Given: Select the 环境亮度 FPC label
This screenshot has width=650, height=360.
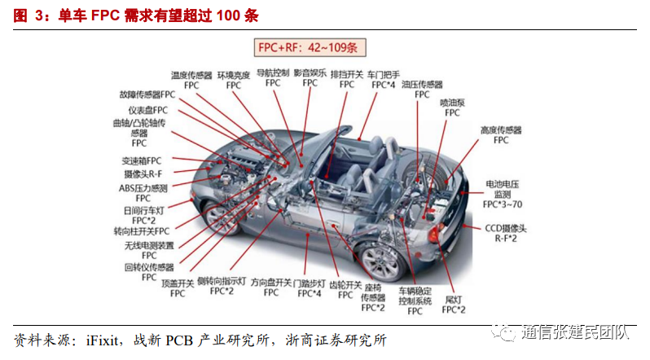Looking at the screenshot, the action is point(234,79).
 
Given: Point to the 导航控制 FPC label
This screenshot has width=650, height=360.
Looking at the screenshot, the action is point(273,77).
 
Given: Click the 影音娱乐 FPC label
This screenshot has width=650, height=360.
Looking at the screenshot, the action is point(310,77).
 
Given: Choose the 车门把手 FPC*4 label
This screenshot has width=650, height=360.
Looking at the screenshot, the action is point(383,78).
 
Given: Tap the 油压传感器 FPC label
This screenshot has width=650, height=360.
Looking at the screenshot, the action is point(422,89).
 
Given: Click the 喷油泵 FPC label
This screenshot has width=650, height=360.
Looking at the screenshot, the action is point(452,108).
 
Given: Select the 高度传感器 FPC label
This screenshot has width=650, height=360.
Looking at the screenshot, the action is point(501,134).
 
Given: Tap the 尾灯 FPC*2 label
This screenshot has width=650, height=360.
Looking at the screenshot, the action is point(455,305).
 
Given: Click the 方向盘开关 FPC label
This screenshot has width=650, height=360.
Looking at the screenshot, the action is point(271,287).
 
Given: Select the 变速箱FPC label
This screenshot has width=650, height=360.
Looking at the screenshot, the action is point(142,160).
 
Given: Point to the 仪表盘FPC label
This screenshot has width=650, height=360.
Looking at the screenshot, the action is point(147,110).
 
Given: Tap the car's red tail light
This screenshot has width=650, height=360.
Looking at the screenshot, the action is point(434,235).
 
